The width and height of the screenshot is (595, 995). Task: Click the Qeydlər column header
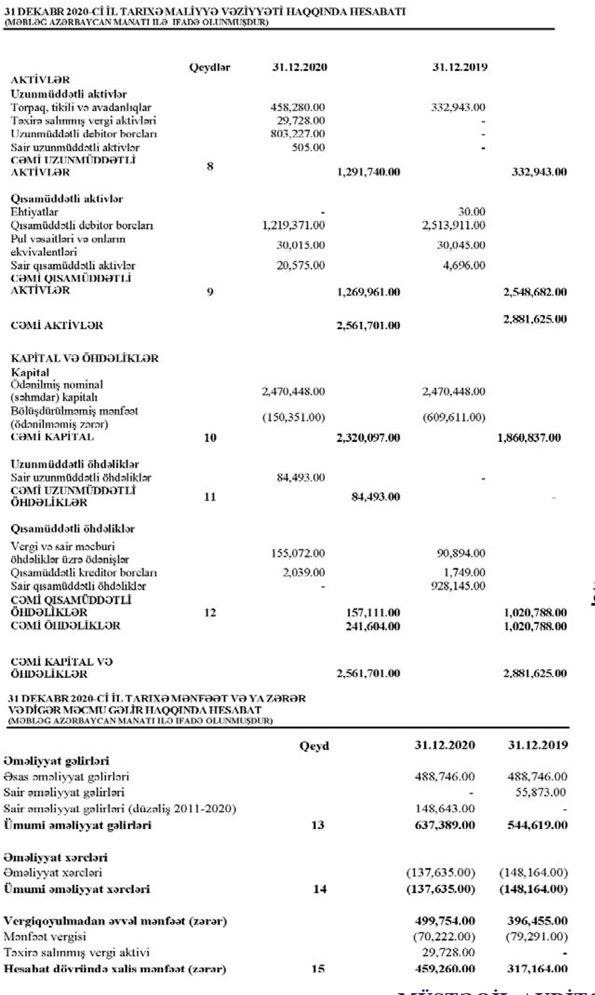209,67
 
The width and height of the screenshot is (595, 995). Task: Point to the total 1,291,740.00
368,173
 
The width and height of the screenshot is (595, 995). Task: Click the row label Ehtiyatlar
35,212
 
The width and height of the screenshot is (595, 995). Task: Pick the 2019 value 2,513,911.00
453,226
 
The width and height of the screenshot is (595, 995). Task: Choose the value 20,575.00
300,265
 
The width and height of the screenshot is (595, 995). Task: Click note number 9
210,292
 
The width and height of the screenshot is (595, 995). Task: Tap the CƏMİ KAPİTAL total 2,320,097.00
368,438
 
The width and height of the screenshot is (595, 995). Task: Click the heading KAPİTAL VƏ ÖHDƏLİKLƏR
85,358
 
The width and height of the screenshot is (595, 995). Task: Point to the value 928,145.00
458,586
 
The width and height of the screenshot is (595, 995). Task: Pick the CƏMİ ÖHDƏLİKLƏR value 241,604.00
373,626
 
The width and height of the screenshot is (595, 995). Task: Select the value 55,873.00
541,793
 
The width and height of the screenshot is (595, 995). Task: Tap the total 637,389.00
445,825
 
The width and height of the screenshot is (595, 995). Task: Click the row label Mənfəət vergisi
45,937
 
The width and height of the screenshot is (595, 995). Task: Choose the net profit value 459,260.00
445,969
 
